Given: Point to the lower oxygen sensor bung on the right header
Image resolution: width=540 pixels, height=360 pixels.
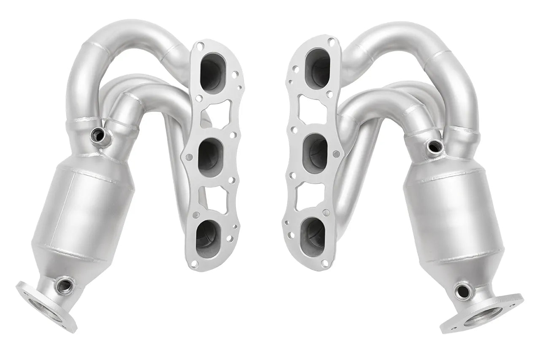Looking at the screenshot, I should point(463,291).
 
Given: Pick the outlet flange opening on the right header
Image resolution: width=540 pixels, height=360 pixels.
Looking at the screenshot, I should point(483,316).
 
